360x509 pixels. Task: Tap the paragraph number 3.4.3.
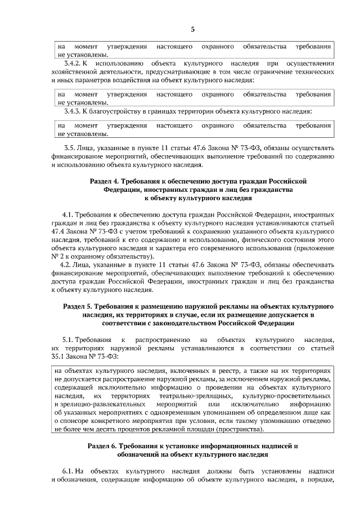[x=74, y=111]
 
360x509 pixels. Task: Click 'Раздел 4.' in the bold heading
[x=105, y=181]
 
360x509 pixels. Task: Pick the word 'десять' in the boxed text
[x=111, y=430]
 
